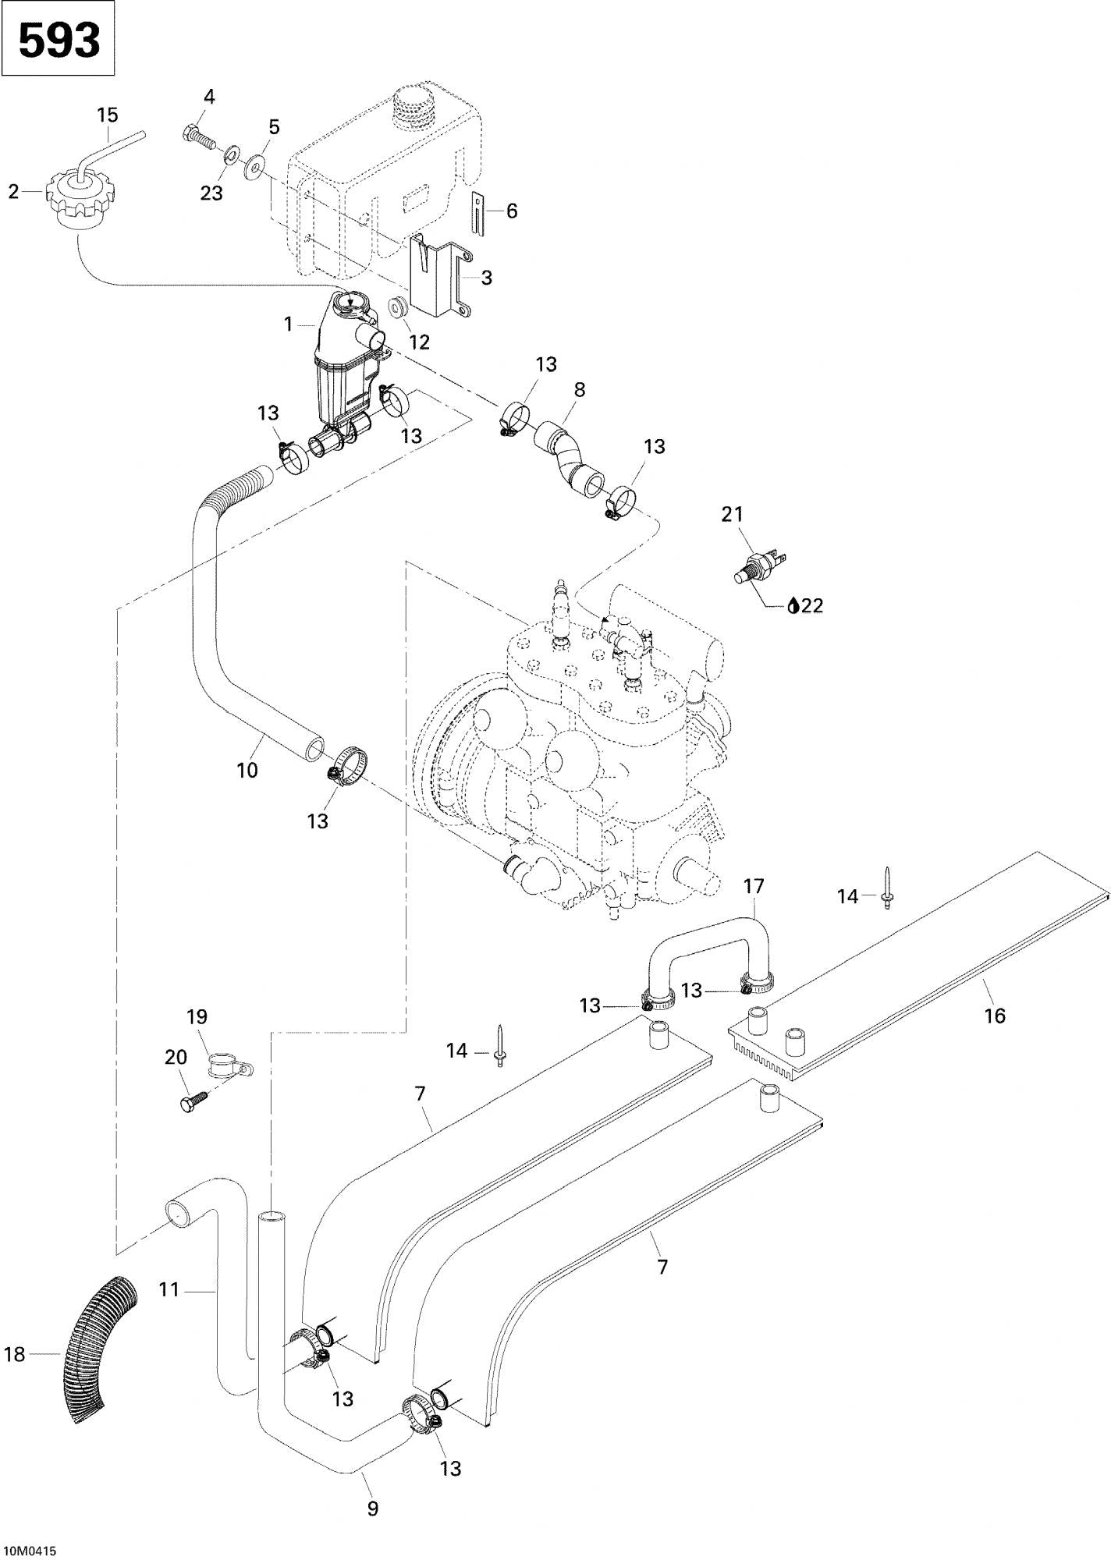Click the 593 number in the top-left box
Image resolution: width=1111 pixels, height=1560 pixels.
pyautogui.click(x=59, y=40)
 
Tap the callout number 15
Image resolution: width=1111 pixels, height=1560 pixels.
pyautogui.click(x=108, y=115)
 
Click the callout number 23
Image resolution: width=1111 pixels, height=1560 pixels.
pyautogui.click(x=211, y=193)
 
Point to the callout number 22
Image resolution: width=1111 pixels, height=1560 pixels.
pyautogui.click(x=812, y=605)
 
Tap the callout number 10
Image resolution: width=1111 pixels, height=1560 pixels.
pyautogui.click(x=247, y=770)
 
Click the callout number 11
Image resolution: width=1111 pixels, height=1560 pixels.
pyautogui.click(x=169, y=1290)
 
